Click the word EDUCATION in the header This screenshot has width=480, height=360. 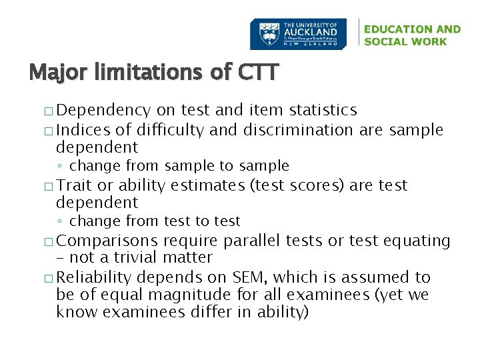click(x=396, y=29)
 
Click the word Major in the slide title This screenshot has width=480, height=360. click(x=58, y=71)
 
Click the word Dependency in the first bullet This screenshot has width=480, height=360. click(x=108, y=110)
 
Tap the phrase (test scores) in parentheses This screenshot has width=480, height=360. click(x=297, y=185)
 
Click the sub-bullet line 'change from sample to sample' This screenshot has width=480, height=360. click(x=179, y=165)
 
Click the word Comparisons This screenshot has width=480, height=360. click(x=111, y=240)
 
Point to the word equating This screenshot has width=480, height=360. click(x=417, y=240)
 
